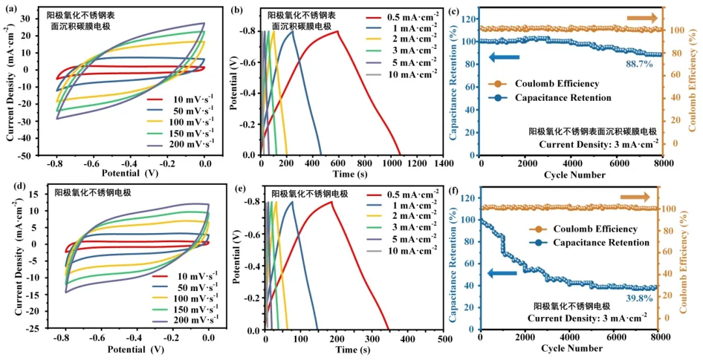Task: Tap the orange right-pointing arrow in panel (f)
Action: tap(635, 197)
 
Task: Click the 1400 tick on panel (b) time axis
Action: tap(444, 164)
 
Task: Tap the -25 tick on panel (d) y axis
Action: tap(29, 329)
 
